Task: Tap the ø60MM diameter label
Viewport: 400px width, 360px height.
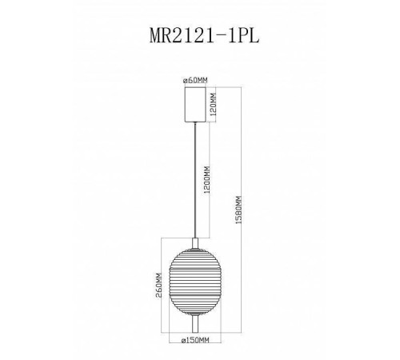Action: pos(196,79)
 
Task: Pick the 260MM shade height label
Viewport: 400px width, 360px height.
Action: pos(159,285)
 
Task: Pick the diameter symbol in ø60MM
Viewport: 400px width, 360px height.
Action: pos(185,79)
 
